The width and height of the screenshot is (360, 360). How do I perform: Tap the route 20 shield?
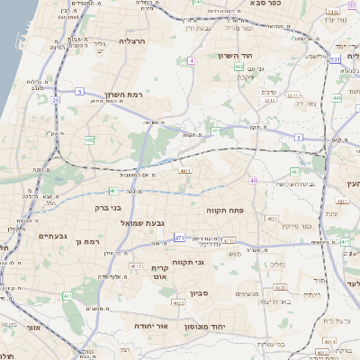[x=55, y=100]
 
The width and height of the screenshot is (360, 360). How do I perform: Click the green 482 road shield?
[x=89, y=140]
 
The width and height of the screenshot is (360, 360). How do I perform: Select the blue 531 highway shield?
[x=335, y=59]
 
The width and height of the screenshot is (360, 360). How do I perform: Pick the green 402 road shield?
[x=238, y=67]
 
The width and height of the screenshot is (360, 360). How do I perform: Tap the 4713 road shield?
[x=137, y=266]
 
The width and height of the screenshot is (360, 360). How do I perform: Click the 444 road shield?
[x=337, y=97]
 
